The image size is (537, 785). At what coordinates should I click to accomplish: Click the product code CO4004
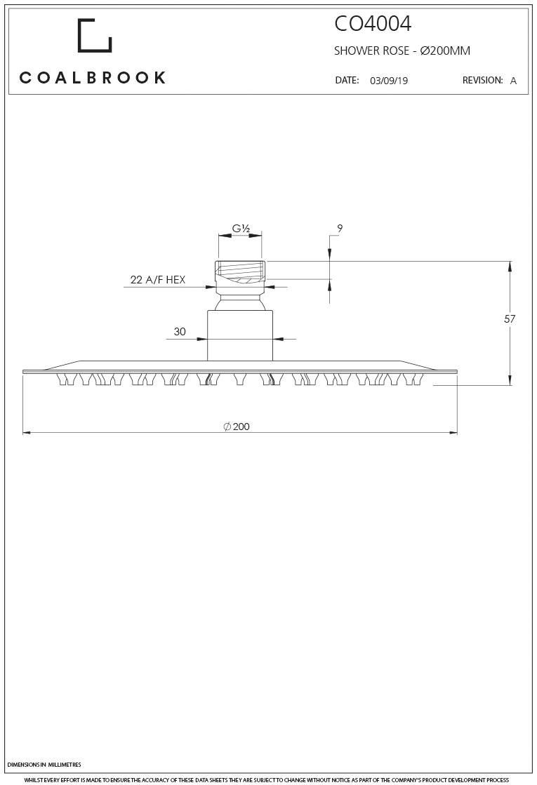(372, 24)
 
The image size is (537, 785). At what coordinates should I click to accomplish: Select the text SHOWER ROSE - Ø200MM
(402, 51)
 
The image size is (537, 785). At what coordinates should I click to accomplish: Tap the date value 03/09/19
(388, 81)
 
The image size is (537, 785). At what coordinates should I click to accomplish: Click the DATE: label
(347, 81)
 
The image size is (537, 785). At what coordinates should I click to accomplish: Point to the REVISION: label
(482, 81)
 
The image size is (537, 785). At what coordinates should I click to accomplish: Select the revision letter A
(513, 81)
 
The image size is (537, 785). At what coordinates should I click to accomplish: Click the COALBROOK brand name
(93, 78)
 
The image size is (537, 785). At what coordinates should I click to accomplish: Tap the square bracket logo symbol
(94, 35)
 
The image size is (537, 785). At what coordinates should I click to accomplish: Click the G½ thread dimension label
(242, 229)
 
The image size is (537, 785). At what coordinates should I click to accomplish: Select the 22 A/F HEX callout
(158, 280)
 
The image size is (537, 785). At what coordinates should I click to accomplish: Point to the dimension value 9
(340, 229)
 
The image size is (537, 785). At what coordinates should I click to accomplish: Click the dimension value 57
(510, 319)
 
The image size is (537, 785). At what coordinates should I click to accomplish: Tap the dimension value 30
(180, 332)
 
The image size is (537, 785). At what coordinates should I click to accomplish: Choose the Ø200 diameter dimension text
(237, 427)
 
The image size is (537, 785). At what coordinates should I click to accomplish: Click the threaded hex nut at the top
(240, 277)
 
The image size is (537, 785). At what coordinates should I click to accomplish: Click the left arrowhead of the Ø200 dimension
(27, 433)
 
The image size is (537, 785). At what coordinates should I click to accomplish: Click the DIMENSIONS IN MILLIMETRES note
(44, 765)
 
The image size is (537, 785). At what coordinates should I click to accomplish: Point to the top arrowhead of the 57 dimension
(510, 265)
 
